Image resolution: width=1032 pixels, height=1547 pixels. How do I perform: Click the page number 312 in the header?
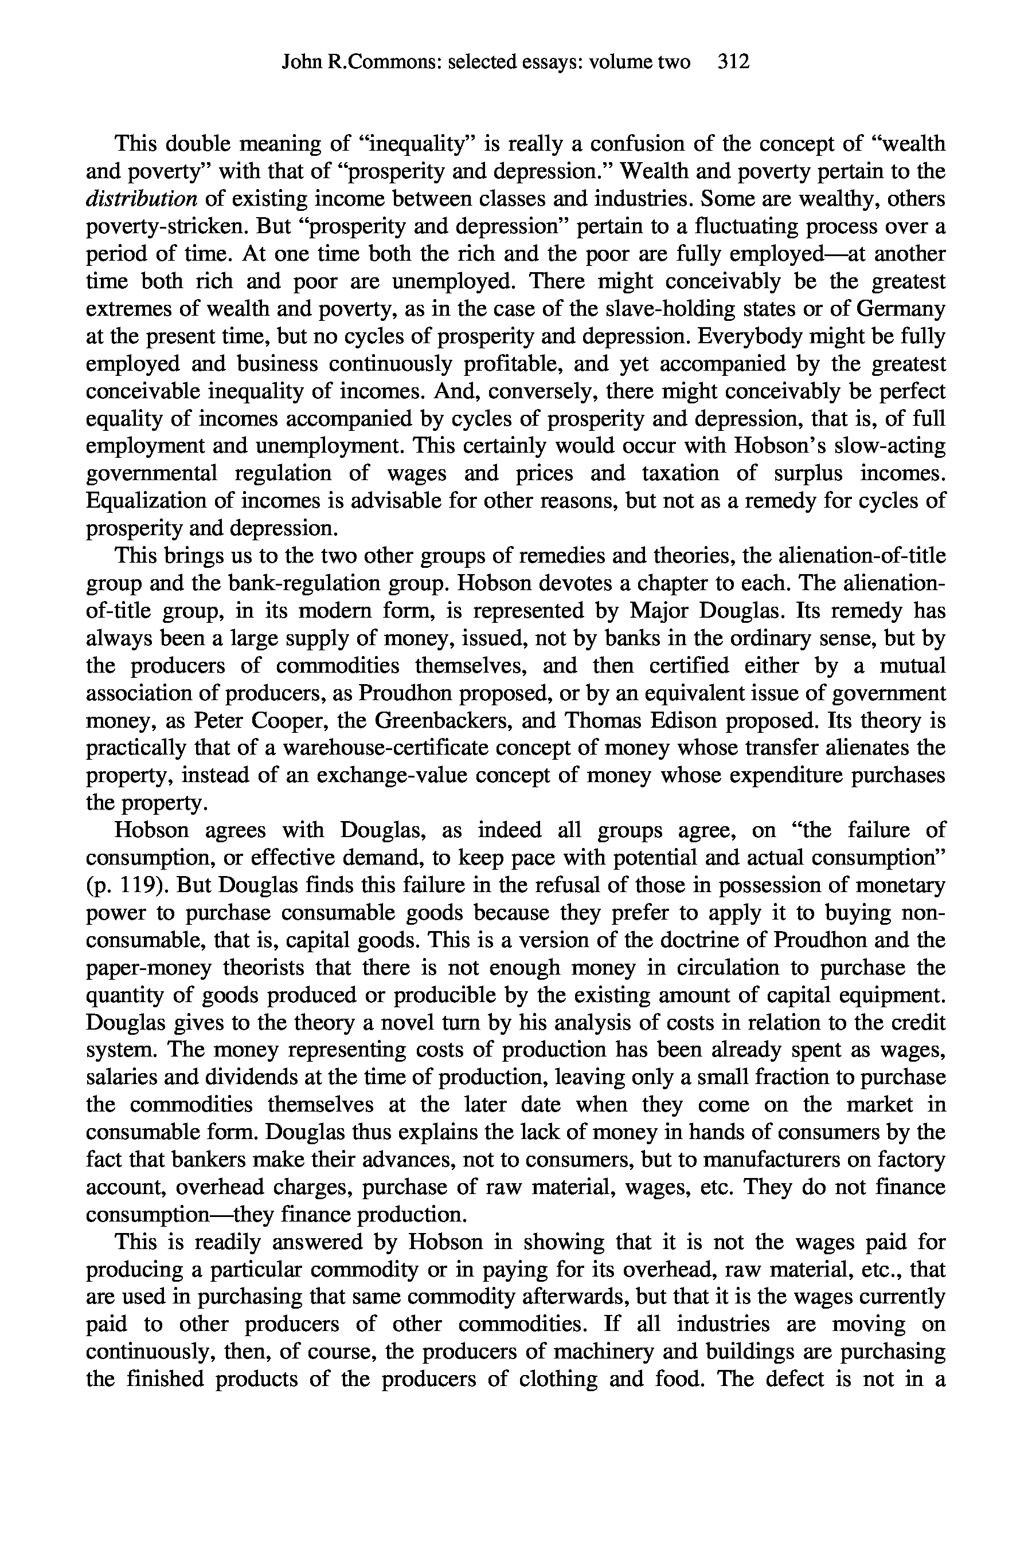tap(734, 62)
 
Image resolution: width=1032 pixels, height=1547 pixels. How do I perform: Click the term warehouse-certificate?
tap(405, 748)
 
